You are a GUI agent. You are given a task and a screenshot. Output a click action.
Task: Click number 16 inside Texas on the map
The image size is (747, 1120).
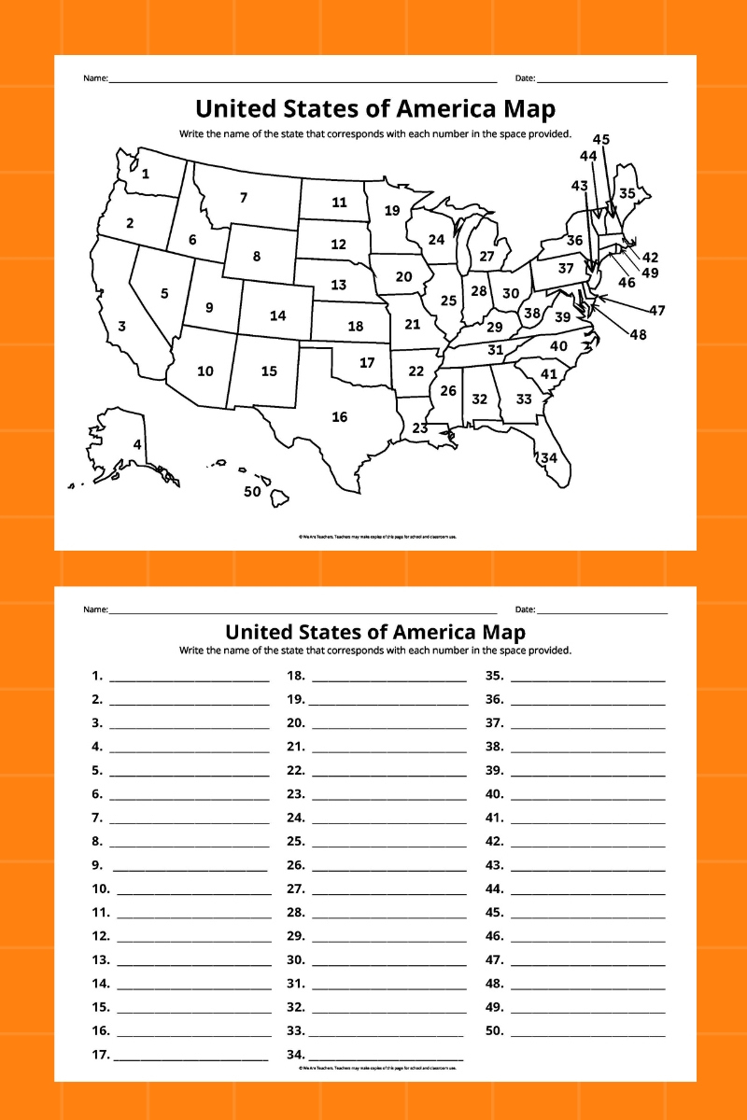coord(340,417)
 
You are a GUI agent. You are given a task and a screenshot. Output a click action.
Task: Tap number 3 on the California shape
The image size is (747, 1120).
coord(121,327)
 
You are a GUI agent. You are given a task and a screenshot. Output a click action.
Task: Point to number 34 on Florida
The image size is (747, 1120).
coord(549,457)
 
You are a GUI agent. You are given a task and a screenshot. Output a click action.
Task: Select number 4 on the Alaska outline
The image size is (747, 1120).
coord(137,445)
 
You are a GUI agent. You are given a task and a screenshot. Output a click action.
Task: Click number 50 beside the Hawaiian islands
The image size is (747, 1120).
coord(252,492)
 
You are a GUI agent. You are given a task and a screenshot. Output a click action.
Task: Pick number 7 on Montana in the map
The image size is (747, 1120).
coord(244,197)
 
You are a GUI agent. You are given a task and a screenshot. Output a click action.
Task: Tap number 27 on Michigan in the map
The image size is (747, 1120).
coord(486,257)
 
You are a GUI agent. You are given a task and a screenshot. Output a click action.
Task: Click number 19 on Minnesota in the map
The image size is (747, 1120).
coord(392,210)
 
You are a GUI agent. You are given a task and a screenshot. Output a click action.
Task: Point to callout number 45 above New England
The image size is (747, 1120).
coord(601,140)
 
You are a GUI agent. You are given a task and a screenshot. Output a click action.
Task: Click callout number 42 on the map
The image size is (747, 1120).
coord(651,258)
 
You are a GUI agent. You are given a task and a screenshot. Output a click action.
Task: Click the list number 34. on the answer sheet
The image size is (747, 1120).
coord(295,1055)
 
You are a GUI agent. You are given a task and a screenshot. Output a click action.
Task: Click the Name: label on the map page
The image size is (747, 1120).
coord(95,78)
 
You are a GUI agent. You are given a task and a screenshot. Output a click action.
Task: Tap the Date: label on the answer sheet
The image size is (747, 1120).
coord(525,609)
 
